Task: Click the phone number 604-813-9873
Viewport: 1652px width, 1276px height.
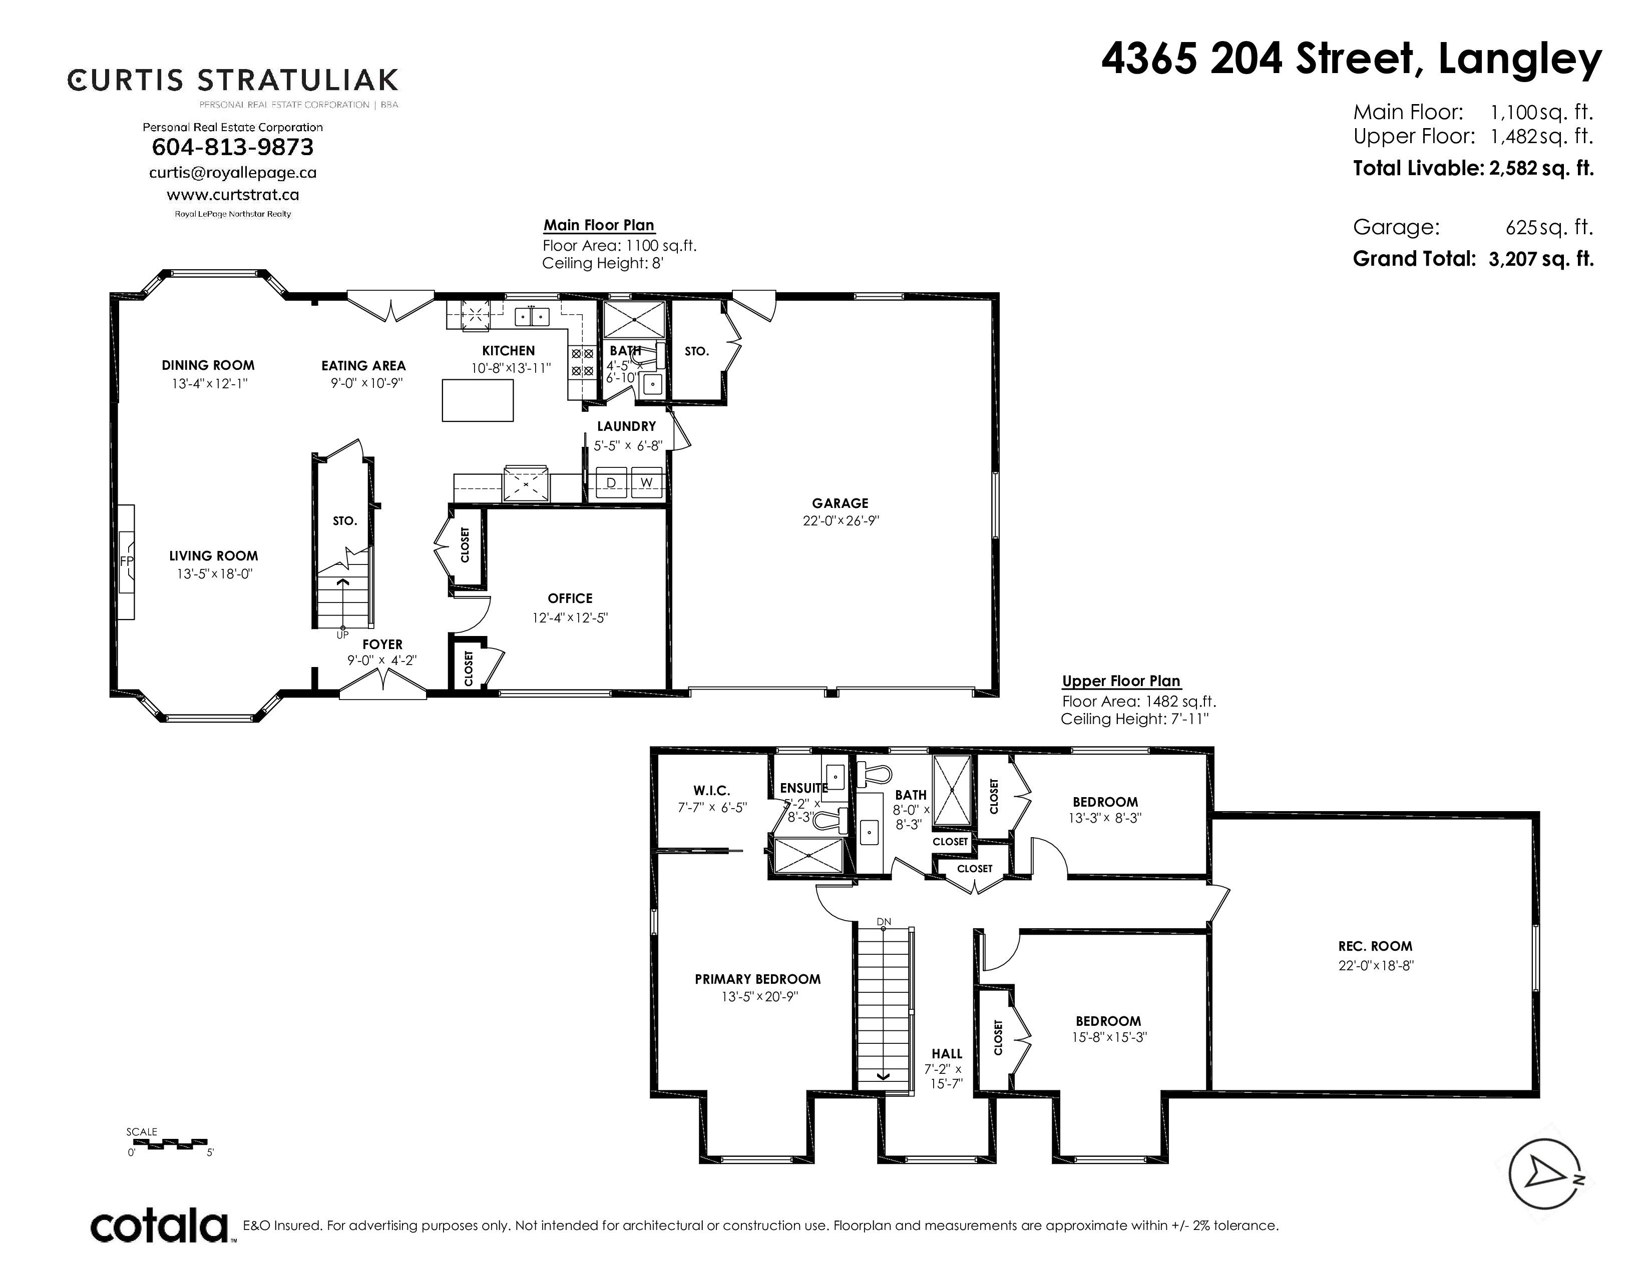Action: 232,147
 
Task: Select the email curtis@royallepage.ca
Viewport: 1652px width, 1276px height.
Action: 233,172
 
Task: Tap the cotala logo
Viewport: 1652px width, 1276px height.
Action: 160,1226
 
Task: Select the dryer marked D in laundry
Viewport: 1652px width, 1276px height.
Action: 611,483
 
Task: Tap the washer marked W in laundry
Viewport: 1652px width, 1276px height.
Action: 647,483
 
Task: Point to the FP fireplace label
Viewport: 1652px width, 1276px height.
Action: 126,561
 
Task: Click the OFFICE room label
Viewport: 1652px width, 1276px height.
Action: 570,598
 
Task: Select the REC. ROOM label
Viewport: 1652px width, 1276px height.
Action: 1375,946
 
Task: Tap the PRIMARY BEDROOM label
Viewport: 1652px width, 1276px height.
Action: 758,979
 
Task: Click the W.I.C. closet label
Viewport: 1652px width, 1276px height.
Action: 712,791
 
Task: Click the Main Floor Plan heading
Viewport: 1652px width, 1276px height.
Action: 599,225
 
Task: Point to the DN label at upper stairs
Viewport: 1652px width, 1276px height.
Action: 884,921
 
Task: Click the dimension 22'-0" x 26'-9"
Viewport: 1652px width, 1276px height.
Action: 841,521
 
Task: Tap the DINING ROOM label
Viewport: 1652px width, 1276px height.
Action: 208,365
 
